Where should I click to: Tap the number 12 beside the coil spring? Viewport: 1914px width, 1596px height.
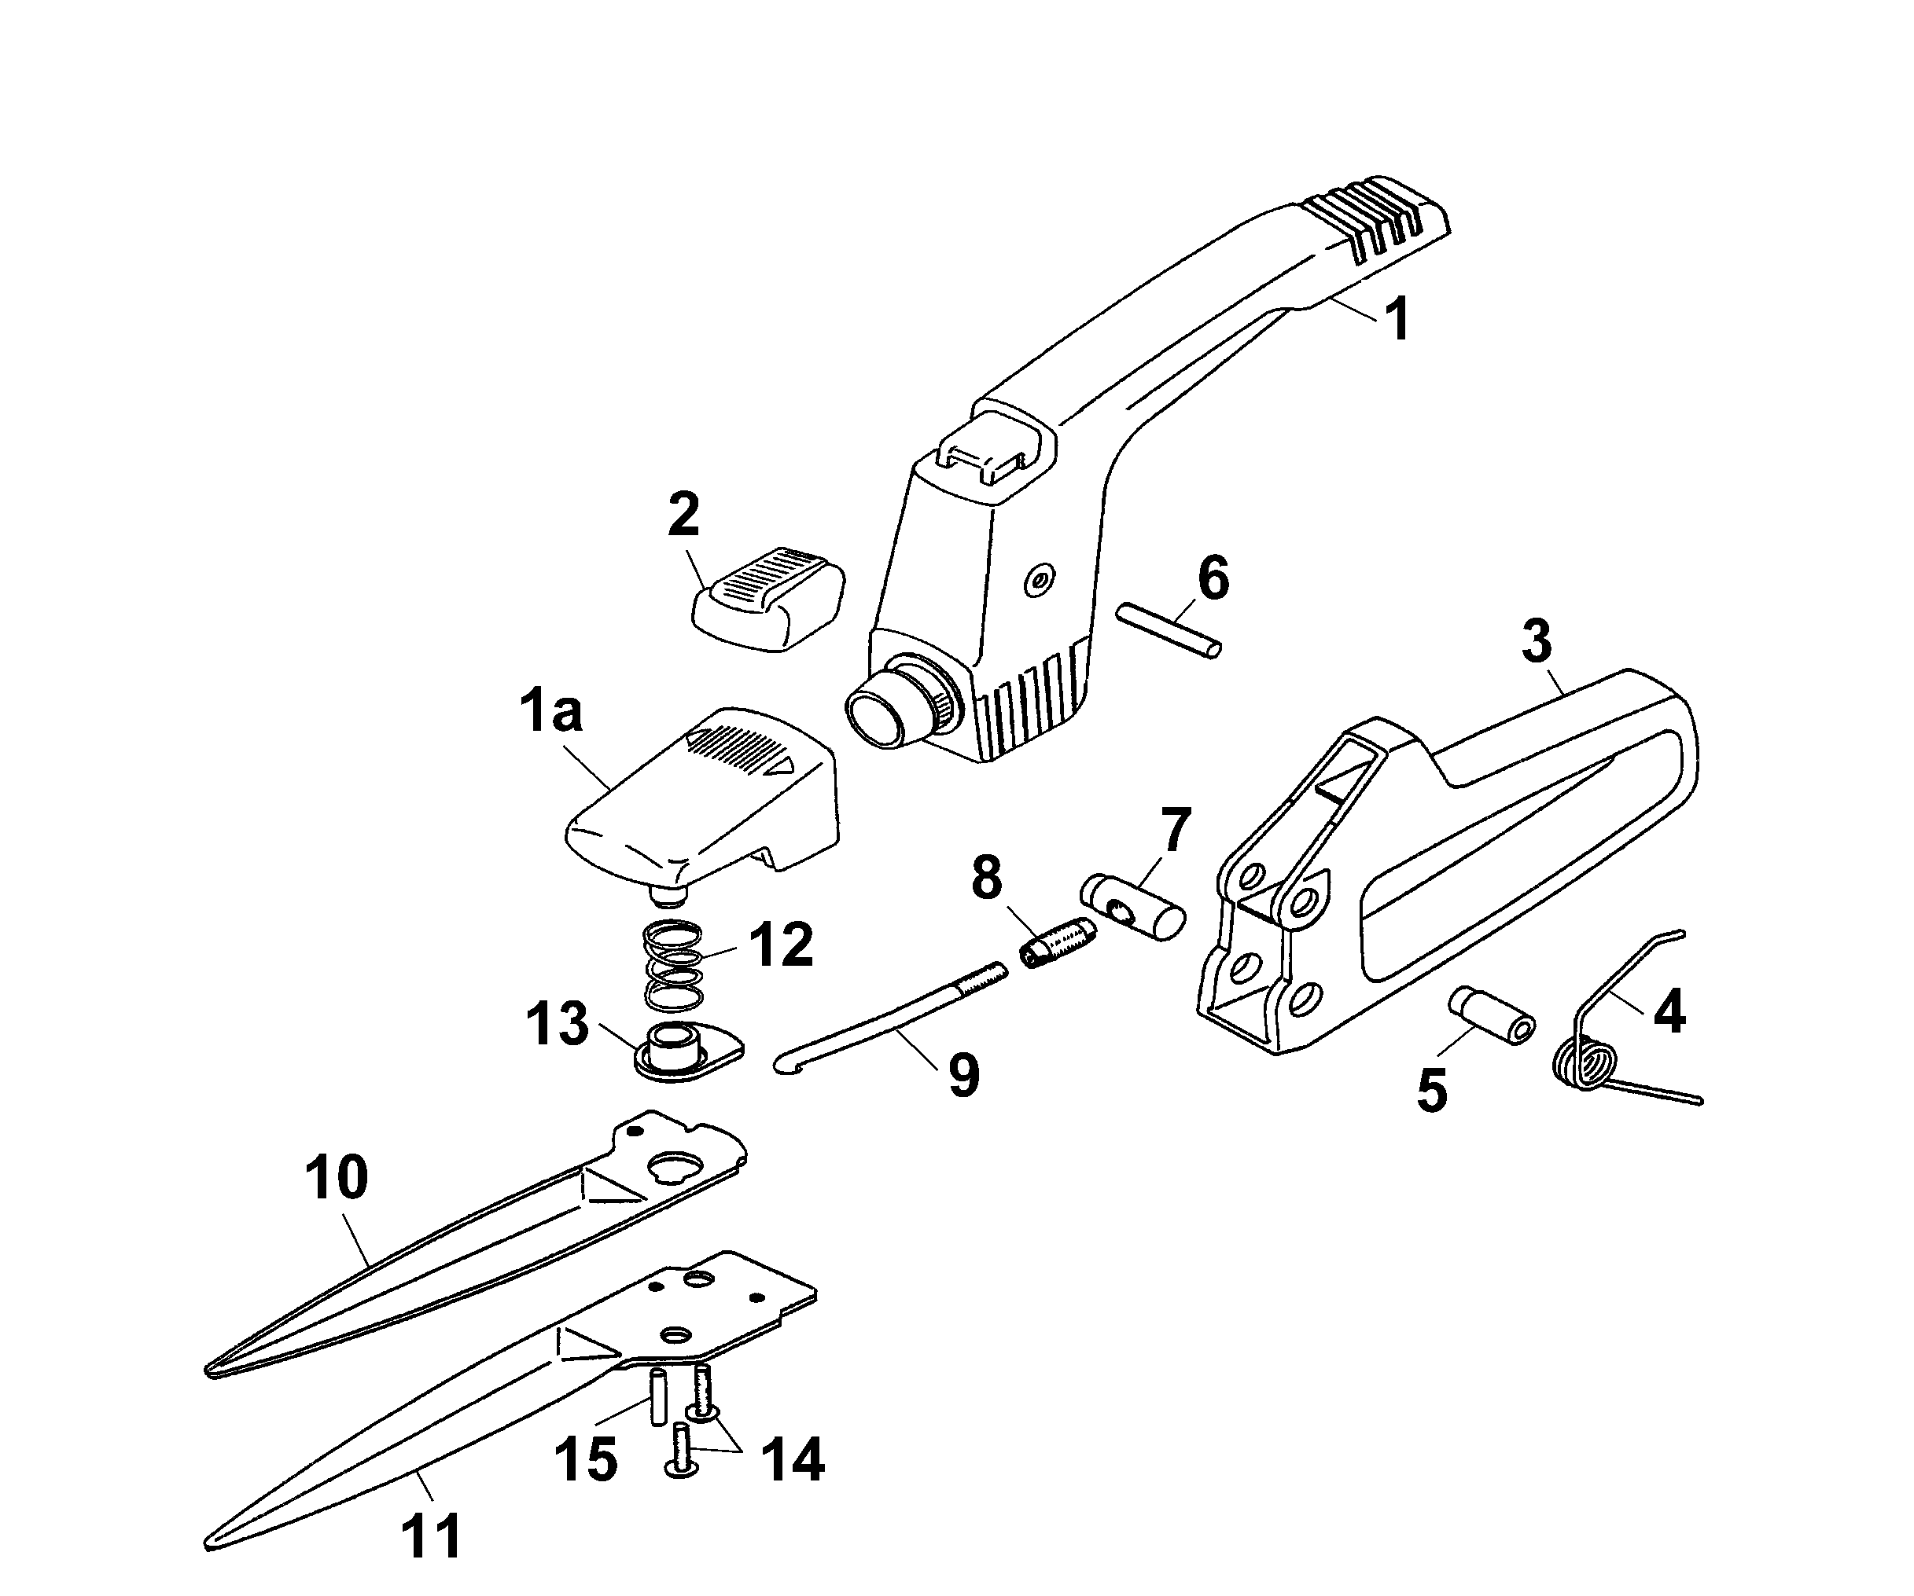(780, 945)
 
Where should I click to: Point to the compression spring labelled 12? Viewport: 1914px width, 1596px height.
(674, 967)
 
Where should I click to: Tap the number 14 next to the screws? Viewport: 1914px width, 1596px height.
(792, 1459)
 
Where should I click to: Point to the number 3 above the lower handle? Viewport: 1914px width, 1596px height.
(1537, 642)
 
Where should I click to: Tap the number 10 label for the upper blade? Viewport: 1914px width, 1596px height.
(337, 1178)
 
